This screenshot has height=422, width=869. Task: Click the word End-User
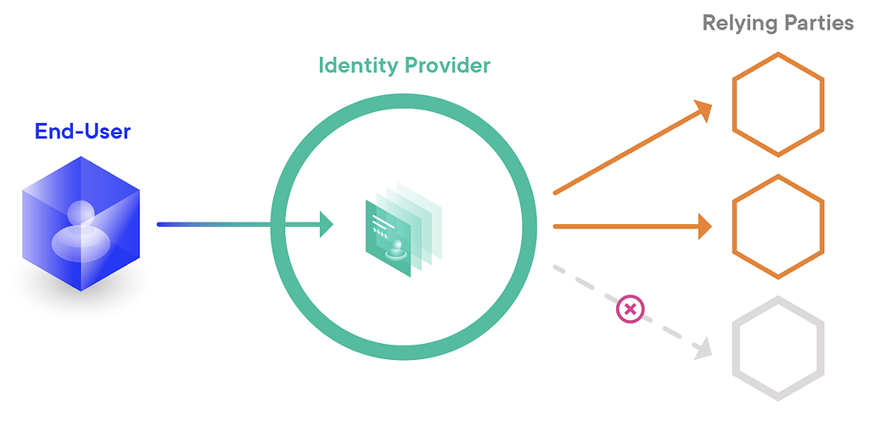click(82, 132)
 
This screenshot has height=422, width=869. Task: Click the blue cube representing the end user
click(81, 223)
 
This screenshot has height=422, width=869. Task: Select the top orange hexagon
click(778, 104)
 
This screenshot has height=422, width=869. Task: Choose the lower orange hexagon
click(778, 226)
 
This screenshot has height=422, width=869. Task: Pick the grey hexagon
click(778, 348)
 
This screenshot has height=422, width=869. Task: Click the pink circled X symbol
click(631, 309)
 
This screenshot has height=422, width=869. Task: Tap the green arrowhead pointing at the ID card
click(327, 224)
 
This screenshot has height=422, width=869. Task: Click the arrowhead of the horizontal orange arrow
click(705, 226)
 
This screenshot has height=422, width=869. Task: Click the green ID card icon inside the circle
click(403, 230)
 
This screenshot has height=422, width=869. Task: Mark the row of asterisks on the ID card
click(381, 236)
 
